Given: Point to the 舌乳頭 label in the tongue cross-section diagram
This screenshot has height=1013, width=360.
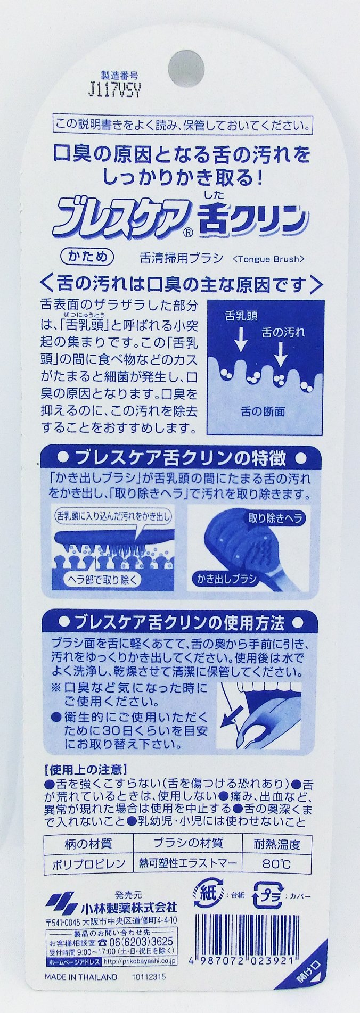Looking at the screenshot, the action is point(241,316).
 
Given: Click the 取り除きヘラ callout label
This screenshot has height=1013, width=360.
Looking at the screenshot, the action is point(275,517).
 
